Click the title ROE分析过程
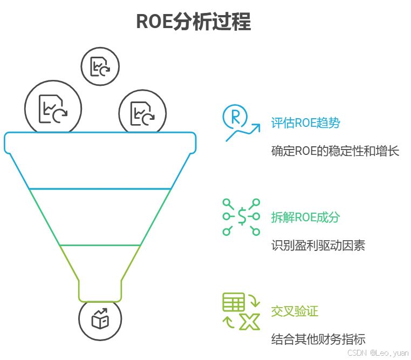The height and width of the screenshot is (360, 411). tap(193, 22)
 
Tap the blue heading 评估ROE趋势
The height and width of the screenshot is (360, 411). tap(306, 123)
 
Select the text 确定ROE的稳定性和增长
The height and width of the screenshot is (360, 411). tap(335, 151)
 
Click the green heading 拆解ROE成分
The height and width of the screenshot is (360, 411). tap(306, 218)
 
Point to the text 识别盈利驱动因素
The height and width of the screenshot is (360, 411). tap(318, 246)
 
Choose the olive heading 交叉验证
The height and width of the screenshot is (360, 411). tap(294, 311)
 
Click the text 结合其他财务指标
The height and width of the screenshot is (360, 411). tap(318, 339)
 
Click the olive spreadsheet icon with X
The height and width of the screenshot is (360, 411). tap(242, 311)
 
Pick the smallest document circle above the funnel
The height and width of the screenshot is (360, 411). tap(100, 67)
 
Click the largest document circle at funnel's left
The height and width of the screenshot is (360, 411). tap(53, 107)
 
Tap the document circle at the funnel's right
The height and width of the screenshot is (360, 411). tap(143, 113)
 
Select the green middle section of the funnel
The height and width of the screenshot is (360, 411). tap(100, 216)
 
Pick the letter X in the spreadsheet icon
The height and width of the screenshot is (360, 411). tap(250, 322)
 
